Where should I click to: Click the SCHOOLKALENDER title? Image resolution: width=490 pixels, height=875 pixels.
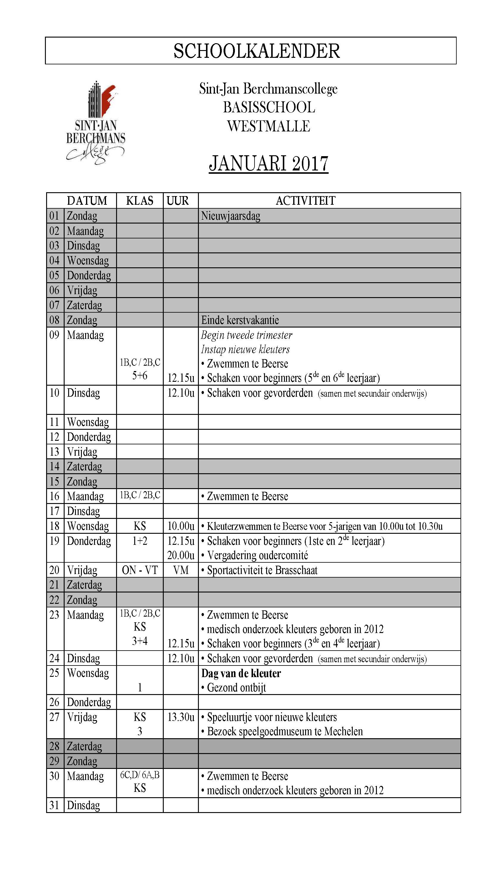coord(256,51)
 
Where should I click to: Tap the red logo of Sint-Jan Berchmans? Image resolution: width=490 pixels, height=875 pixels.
coord(96,122)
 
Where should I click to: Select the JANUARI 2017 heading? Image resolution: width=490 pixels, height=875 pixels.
coord(269,163)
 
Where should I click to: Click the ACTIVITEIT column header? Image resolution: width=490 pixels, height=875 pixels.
coord(305,201)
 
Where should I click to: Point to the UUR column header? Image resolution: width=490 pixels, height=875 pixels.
coord(177,201)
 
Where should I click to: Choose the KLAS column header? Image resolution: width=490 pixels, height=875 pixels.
coord(139,201)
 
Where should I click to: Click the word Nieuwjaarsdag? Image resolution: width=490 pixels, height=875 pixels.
coord(231,216)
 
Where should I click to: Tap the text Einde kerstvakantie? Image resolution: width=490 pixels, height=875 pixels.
coord(240,320)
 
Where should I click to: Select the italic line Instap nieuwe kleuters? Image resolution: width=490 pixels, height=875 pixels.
coord(245,349)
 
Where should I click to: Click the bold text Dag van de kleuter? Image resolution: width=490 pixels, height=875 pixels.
coord(241,673)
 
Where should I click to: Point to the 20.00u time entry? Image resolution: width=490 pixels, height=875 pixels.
coord(180,555)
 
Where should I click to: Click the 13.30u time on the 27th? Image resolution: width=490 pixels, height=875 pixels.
coord(180,717)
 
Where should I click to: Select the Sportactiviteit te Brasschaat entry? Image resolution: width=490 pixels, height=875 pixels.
coord(262,570)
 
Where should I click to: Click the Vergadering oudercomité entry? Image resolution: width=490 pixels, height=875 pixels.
coord(258,555)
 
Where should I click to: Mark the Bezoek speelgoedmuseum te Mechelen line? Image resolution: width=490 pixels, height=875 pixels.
coord(285,731)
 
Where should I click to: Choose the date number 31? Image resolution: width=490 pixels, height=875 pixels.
coord(54,805)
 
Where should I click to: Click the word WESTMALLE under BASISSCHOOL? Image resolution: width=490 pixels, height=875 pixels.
coord(269,126)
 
